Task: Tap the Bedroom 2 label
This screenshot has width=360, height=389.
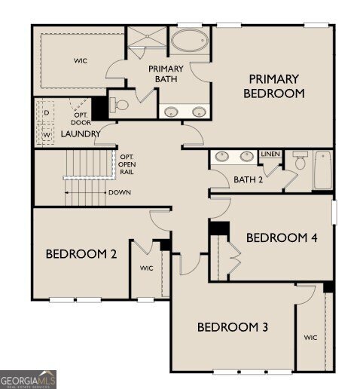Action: pyautogui.click(x=81, y=254)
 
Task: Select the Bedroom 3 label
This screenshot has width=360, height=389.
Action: pyautogui.click(x=233, y=327)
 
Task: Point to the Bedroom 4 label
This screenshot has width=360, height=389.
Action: pyautogui.click(x=282, y=237)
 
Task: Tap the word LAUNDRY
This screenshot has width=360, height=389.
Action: pyautogui.click(x=81, y=133)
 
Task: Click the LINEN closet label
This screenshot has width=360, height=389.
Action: pyautogui.click(x=270, y=155)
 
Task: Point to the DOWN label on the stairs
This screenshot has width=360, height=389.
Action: pyautogui.click(x=119, y=192)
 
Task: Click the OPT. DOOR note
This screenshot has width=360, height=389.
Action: pyautogui.click(x=81, y=118)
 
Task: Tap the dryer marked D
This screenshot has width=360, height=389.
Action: pyautogui.click(x=46, y=112)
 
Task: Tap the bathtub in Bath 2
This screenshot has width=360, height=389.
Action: pyautogui.click(x=322, y=171)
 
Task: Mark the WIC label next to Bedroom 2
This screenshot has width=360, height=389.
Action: pyautogui.click(x=146, y=268)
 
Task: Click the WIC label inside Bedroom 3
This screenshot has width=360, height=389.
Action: pyautogui.click(x=311, y=338)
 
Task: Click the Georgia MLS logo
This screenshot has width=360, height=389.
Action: pyautogui.click(x=28, y=379)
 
